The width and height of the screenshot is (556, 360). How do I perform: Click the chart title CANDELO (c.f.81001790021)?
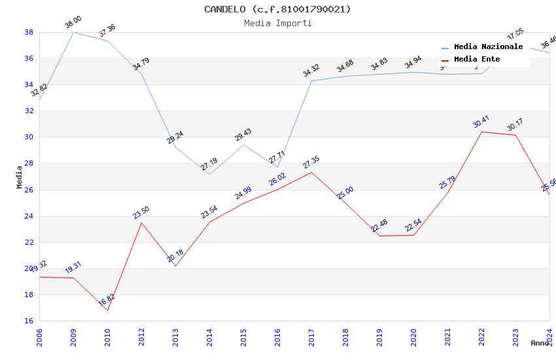click(x=277, y=9)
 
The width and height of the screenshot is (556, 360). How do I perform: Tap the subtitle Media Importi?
click(x=277, y=24)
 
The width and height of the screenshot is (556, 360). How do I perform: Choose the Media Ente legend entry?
click(x=477, y=60)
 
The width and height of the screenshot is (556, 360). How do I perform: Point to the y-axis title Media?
click(x=20, y=177)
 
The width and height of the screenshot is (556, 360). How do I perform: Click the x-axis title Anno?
click(x=540, y=343)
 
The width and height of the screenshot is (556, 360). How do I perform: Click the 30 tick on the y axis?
click(x=29, y=137)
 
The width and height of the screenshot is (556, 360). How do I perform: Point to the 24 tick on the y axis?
click(x=29, y=216)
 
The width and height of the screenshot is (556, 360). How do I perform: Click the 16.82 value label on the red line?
click(x=107, y=300)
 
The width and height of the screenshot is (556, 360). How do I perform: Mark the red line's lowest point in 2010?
click(x=107, y=310)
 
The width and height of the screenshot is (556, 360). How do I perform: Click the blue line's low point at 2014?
click(x=209, y=174)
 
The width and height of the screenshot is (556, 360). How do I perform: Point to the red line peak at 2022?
click(x=481, y=132)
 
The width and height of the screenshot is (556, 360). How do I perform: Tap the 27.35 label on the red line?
click(x=311, y=162)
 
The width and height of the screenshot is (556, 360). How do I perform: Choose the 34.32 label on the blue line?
click(x=311, y=71)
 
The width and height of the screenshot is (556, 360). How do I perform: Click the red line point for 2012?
click(x=141, y=223)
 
